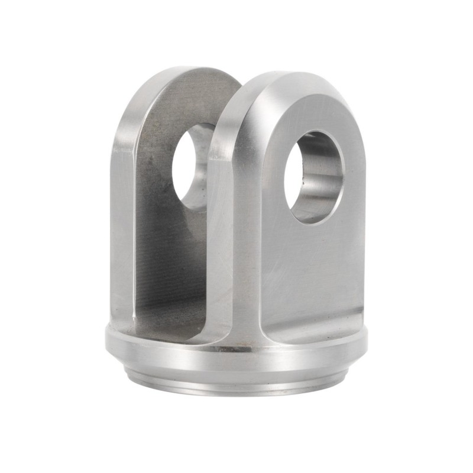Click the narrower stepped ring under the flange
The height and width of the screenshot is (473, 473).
(237, 381)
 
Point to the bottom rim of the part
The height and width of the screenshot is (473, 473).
(237, 393)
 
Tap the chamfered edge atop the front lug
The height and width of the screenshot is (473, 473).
(278, 80)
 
